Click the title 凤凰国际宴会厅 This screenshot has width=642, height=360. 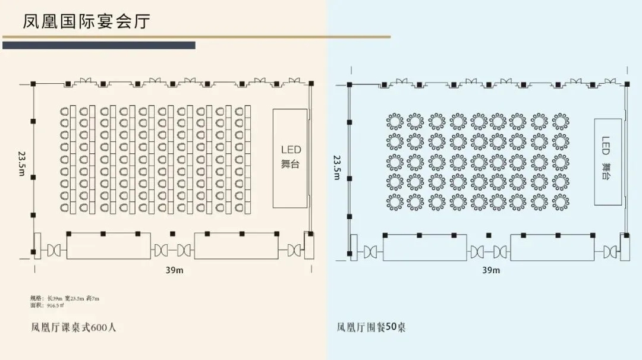coord(87,21)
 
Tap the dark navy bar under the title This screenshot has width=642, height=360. coord(99,45)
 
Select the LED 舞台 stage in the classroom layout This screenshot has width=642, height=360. coord(290,158)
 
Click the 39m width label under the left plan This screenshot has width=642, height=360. coord(174,270)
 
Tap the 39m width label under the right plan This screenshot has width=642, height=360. coord(491,270)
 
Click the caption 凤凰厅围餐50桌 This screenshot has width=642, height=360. coord(372,327)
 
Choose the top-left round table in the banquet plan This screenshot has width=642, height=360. coord(395,121)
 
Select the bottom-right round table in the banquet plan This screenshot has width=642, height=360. coord(560,203)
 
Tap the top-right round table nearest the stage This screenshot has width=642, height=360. coord(560,121)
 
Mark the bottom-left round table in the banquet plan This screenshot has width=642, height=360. coord(395,203)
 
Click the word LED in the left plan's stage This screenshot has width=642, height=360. coord(291,150)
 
